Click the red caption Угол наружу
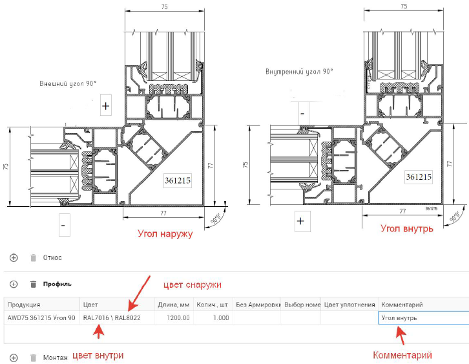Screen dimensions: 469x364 (165, 234)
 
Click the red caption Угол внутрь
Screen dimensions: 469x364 (407, 229)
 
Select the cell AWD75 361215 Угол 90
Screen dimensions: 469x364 (41, 318)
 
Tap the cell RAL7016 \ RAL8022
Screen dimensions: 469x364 (112, 318)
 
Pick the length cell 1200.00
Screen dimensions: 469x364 (178, 318)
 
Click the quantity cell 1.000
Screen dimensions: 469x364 (221, 318)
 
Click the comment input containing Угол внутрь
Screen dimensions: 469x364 (424, 318)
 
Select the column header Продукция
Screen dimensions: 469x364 (24, 305)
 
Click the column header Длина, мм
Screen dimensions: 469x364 (174, 305)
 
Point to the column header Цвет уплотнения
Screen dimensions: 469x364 (349, 305)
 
